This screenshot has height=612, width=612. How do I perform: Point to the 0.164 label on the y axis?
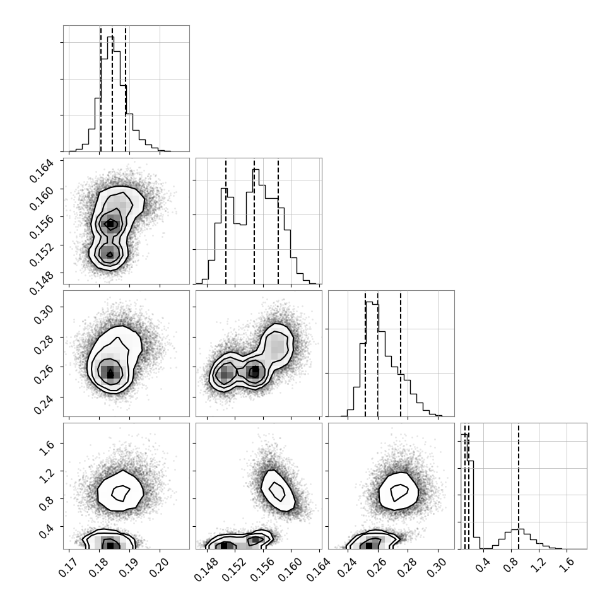pos(41,171)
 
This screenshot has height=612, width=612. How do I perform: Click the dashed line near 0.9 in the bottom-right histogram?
pos(519,486)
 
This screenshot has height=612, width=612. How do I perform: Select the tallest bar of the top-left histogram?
pos(111,93)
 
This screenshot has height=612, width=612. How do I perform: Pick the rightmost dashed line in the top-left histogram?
pos(126,88)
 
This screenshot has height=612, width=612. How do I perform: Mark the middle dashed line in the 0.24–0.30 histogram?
pos(378,353)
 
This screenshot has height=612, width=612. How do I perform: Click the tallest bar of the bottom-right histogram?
pos(464,491)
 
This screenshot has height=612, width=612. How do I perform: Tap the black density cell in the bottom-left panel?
pos(110,545)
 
